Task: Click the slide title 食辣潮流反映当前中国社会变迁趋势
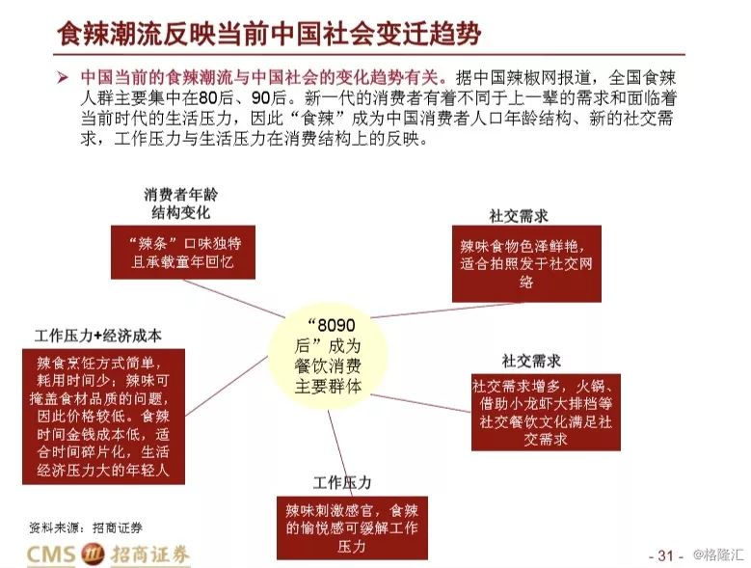point(269,34)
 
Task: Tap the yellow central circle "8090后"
point(328,356)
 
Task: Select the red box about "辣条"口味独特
point(183,253)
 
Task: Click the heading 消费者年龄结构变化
point(181,203)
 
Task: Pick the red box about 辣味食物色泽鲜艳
point(526,264)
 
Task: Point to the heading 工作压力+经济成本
point(97,336)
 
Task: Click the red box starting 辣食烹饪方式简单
point(103,417)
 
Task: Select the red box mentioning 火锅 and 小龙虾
point(546,413)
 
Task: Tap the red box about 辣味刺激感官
point(352,528)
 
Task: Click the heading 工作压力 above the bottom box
point(342,482)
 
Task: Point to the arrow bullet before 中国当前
point(63,77)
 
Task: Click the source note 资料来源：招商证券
point(85,527)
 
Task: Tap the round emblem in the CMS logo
point(93,554)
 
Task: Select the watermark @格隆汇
point(718,554)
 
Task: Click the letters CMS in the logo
point(51,554)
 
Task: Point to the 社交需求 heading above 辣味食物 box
point(519,216)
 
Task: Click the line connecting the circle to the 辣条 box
point(233,298)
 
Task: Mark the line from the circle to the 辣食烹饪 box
point(226,386)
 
